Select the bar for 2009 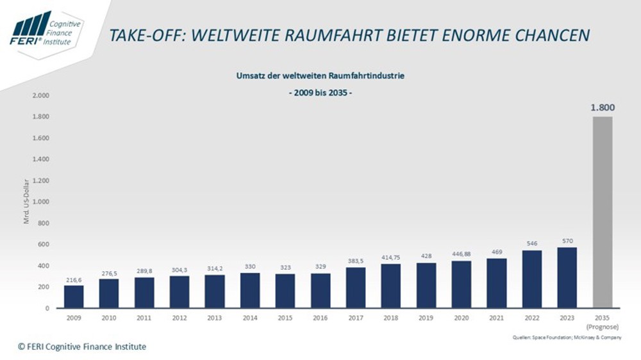(74, 297)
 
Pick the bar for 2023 (567, 277)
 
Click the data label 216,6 (74, 279)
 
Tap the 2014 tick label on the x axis (250, 317)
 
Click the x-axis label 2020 (462, 317)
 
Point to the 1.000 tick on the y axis (42, 202)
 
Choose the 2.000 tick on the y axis (42, 95)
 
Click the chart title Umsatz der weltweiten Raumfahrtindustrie (320, 76)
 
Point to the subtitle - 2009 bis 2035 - (320, 92)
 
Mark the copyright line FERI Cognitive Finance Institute (82, 347)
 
